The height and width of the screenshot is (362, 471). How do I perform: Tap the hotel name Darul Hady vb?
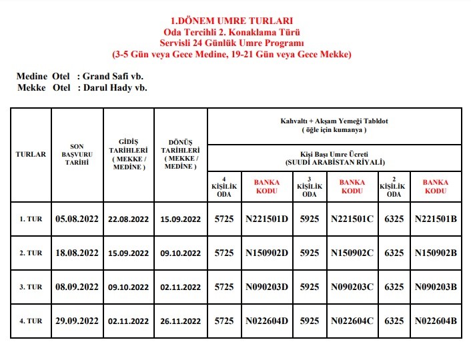click(x=114, y=87)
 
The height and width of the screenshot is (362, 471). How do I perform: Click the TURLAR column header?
click(x=31, y=154)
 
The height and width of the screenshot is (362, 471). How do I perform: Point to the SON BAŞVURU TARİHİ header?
click(x=77, y=154)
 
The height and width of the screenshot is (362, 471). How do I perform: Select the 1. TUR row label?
click(x=31, y=219)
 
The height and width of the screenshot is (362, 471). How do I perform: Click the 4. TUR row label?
click(x=31, y=321)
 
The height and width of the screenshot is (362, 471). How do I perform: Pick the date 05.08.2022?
click(x=77, y=219)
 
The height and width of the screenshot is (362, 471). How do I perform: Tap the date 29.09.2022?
click(x=77, y=321)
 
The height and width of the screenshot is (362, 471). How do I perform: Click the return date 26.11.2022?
click(x=180, y=321)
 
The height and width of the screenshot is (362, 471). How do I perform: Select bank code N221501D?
click(x=266, y=219)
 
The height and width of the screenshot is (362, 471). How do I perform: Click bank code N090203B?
click(x=436, y=287)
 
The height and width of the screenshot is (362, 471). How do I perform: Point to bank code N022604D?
click(x=266, y=321)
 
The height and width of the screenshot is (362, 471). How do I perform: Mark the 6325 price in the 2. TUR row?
click(x=394, y=253)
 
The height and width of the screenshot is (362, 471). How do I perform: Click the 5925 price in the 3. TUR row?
click(x=310, y=287)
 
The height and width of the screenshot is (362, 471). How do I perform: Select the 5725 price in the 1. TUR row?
click(x=224, y=219)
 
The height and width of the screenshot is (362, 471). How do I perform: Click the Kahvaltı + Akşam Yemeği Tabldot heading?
click(x=334, y=121)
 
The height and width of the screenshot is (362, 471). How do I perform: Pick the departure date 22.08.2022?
click(x=128, y=219)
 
